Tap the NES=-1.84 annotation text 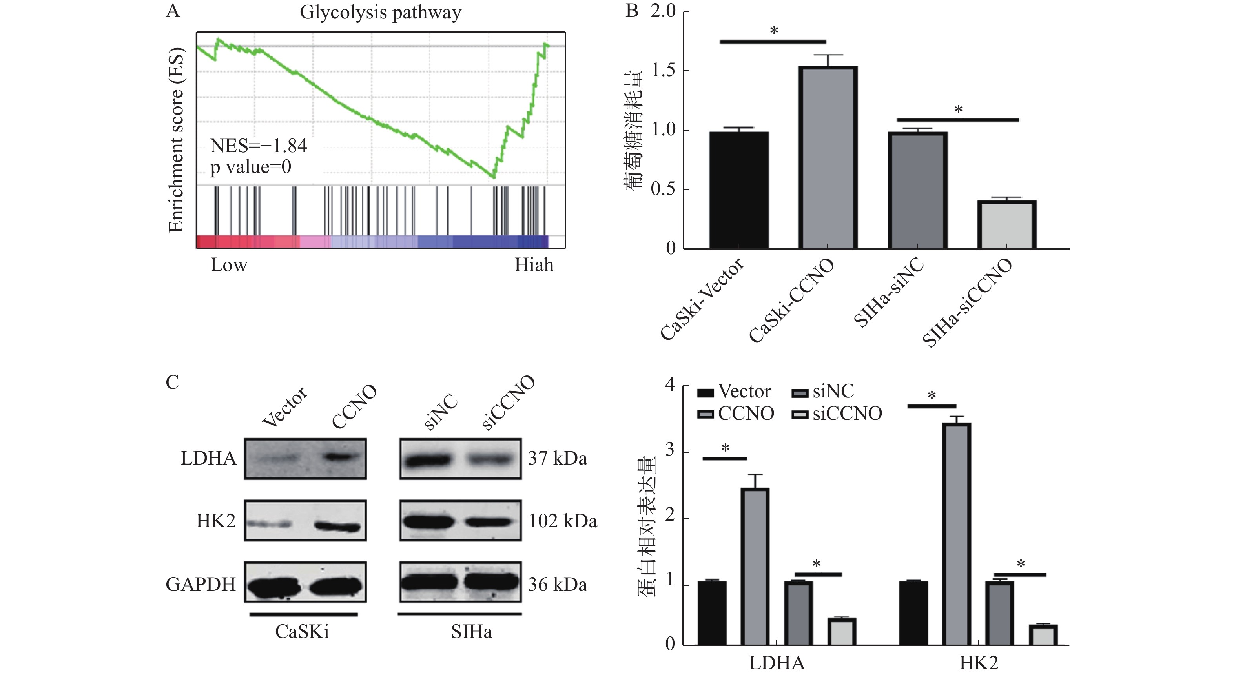[x=259, y=146]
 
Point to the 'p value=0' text [x=250, y=167]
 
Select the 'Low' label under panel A [x=228, y=265]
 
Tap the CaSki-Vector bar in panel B [x=738, y=190]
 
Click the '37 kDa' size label [x=557, y=458]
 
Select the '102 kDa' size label [x=562, y=521]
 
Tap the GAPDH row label [x=201, y=584]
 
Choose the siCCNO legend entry [x=837, y=414]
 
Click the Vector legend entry [x=734, y=392]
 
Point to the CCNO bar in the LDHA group [x=755, y=566]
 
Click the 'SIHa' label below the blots [x=471, y=632]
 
